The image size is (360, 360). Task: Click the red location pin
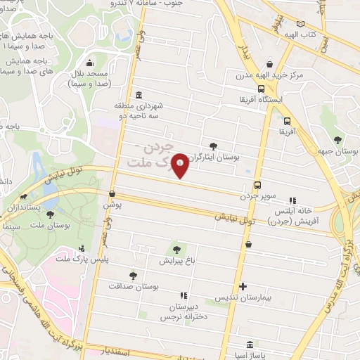tap(181, 165)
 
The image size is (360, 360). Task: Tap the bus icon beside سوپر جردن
tap(257, 185)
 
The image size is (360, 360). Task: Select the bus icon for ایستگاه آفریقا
tap(262, 89)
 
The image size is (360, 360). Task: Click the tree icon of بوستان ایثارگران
tap(213, 146)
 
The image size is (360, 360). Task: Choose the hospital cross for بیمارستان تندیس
tap(243, 286)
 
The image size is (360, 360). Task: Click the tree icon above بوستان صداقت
tap(133, 275)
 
